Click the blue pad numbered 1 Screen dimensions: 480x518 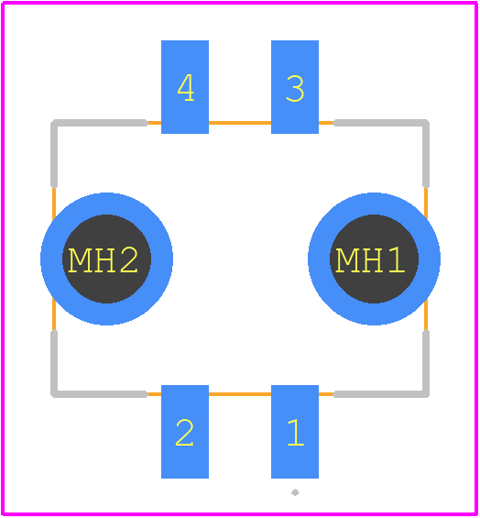pos(295,432)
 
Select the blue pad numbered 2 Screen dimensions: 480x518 pos(185,432)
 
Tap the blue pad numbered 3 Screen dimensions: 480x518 pos(295,87)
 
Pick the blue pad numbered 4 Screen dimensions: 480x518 pos(185,87)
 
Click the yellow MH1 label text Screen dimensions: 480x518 pos(370,260)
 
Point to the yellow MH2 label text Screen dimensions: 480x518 pos(103,260)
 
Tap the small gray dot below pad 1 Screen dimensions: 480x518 pos(295,492)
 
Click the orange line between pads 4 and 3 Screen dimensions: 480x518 pos(240,123)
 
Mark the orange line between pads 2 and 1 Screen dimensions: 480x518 pos(240,394)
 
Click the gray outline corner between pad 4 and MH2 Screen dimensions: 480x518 pos(54,123)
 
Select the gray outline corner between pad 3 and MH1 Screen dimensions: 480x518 pos(426,123)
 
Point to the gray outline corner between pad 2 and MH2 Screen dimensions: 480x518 pos(54,394)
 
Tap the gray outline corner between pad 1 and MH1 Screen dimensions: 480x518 pos(426,394)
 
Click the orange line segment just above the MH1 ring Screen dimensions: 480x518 pos(426,204)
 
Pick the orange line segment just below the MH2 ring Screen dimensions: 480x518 pos(54,314)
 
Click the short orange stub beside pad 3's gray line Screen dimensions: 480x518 pos(326,123)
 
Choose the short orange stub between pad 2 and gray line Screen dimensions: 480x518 pos(154,394)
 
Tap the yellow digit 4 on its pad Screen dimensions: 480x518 pos(186,87)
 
